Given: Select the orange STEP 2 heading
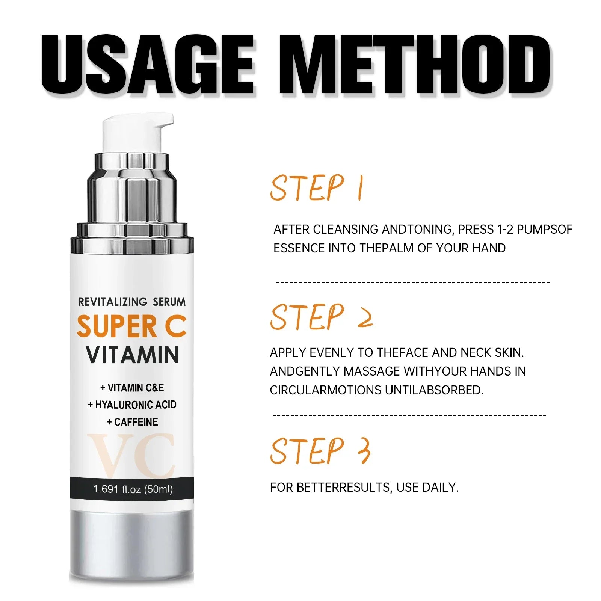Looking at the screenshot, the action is [x=322, y=317].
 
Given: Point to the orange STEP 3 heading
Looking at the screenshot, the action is [x=320, y=450].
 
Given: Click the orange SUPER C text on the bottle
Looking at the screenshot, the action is [x=132, y=326].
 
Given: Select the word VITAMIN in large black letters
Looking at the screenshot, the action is [x=133, y=355].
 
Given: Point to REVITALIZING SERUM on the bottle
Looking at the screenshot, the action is [x=132, y=302].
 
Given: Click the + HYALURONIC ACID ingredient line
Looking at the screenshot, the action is [x=132, y=405].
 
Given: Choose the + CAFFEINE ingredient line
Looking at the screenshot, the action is [x=132, y=422].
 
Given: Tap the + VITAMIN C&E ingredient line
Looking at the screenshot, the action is [x=132, y=387].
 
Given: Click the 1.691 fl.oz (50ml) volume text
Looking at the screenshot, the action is [x=133, y=489].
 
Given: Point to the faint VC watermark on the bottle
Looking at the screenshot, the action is [x=131, y=456].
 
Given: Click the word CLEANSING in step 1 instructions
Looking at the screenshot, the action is [x=345, y=229].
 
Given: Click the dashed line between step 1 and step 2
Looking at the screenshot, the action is [x=413, y=282].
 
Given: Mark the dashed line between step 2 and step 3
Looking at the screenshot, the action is [x=409, y=415].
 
